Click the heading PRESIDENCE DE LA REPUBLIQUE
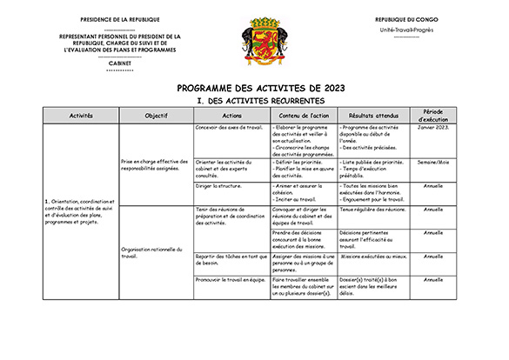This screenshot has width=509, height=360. (x=118, y=19)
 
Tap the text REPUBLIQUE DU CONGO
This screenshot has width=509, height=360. (x=406, y=19)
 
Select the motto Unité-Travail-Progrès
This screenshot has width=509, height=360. (x=406, y=30)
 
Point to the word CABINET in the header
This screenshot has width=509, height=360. (x=119, y=63)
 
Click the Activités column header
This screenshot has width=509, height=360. (x=81, y=115)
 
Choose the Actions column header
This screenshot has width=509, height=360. (x=232, y=115)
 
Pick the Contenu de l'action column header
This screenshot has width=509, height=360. (x=304, y=115)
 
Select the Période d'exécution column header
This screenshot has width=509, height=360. (x=433, y=115)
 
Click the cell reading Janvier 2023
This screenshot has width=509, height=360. (x=433, y=127)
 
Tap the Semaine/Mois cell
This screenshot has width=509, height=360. (x=433, y=162)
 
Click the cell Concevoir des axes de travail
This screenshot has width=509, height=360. (x=230, y=127)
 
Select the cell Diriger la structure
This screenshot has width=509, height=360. (x=223, y=185)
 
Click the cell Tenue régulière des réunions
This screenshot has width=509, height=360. (x=372, y=210)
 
